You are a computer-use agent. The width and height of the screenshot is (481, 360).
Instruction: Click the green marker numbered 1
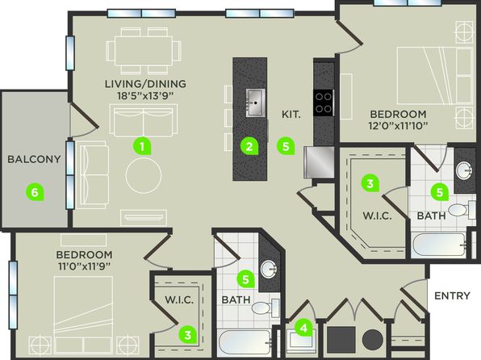point(142,147)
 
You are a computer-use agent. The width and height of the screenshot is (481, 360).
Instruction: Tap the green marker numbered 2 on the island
point(249,147)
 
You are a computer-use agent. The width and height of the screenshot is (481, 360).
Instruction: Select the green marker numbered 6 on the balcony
point(35,192)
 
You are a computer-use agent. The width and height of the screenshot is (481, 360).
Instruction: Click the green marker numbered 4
point(303,329)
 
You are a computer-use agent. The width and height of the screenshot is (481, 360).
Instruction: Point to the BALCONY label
point(34,159)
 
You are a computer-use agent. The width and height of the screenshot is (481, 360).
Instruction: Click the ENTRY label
point(452,295)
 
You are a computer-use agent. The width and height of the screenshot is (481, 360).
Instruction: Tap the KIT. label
point(291,115)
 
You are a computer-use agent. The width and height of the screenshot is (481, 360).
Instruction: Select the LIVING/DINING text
point(145,84)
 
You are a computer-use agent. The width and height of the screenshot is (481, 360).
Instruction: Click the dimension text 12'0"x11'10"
point(399,126)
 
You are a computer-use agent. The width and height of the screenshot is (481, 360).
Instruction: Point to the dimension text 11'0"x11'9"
point(84,266)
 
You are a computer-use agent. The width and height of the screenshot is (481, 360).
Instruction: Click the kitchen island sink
point(256,103)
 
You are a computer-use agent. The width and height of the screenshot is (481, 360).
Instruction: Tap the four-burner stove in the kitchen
point(324,103)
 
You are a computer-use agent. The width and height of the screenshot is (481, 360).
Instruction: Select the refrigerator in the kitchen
point(319,162)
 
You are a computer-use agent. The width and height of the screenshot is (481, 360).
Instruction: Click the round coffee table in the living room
point(144,175)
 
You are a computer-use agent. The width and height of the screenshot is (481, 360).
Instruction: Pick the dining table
point(144,51)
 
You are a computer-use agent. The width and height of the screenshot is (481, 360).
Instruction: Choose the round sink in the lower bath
point(269,269)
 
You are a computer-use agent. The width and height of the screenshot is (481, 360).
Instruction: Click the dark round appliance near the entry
point(373,340)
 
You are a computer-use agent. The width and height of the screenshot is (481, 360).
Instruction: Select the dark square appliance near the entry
point(341,340)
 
